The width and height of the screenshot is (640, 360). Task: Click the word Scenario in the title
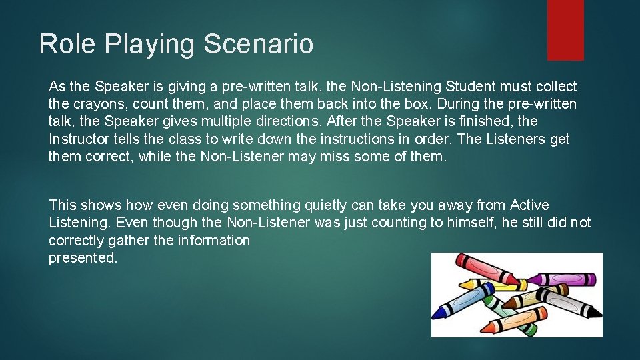coord(259,45)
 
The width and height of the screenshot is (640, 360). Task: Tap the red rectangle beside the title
coord(565,30)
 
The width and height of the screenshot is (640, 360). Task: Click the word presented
coord(83,258)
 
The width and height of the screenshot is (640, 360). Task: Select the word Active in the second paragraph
coord(529,205)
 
